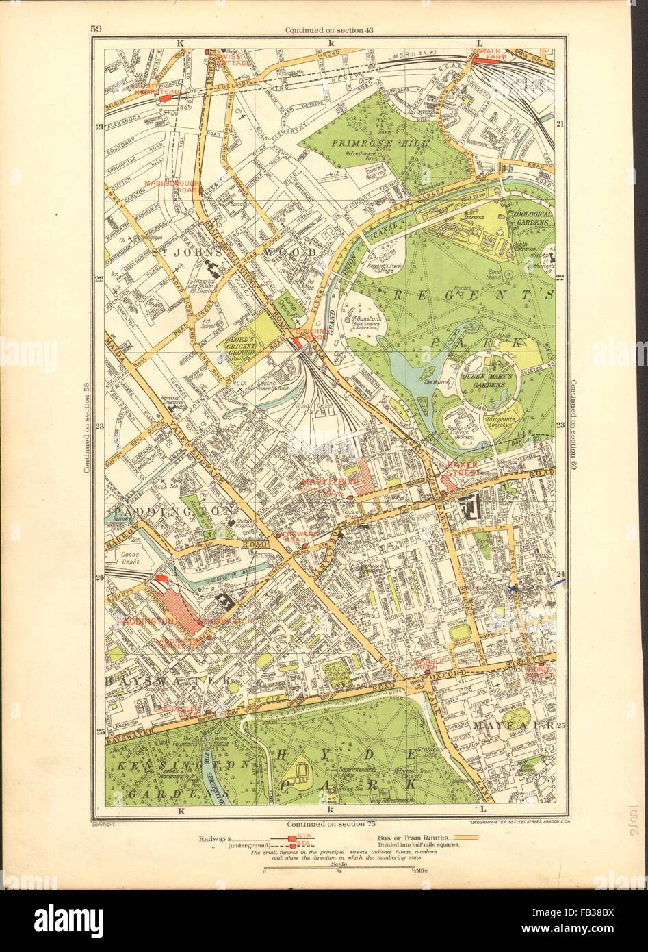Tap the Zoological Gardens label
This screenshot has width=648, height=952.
(530, 209)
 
